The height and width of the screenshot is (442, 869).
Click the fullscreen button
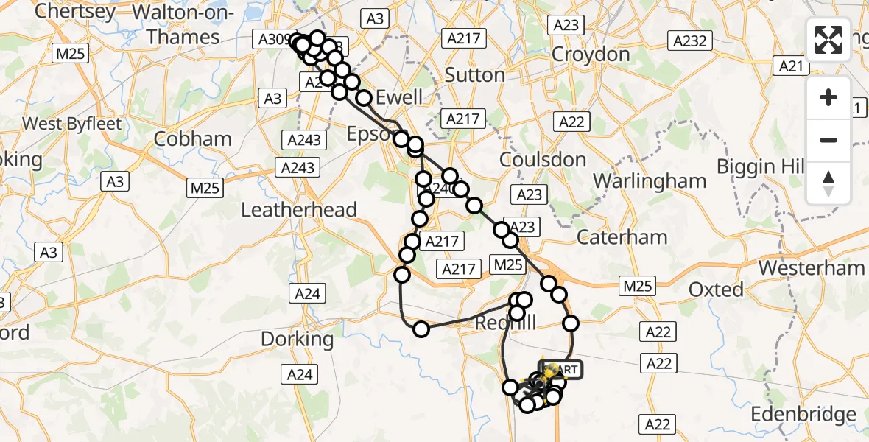click(x=828, y=40)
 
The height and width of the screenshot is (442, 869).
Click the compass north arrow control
click(x=828, y=183)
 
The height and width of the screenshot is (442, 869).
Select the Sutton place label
click(x=475, y=75)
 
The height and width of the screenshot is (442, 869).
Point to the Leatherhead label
click(x=299, y=210)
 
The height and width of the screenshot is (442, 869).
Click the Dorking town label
click(x=298, y=340)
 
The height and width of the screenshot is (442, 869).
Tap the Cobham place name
click(x=194, y=139)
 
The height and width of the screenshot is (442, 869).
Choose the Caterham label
click(x=622, y=237)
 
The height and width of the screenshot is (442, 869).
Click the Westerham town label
click(x=812, y=267)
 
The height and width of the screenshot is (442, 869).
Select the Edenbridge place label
click(x=803, y=415)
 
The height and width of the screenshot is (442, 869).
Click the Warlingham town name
click(x=650, y=180)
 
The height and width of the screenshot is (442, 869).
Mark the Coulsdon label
click(x=543, y=160)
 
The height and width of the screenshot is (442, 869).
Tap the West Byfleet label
click(x=71, y=123)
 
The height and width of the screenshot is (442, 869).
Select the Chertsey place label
click(x=75, y=12)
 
